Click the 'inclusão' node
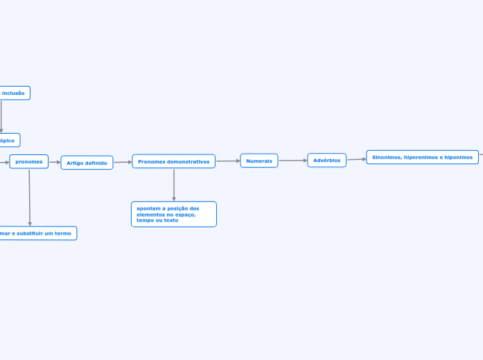point(14,93)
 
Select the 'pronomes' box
point(29,161)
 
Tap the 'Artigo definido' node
point(87,163)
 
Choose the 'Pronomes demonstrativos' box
point(173,161)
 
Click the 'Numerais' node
point(259,161)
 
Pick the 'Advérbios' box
point(326,161)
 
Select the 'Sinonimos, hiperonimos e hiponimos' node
point(422,157)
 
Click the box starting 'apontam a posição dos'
point(173,214)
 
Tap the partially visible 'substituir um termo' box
point(37,233)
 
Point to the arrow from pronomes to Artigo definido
point(55,163)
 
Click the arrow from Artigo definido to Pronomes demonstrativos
point(123,162)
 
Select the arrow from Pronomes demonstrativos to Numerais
point(228,161)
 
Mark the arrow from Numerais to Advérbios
point(292,161)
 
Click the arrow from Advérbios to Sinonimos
point(356,159)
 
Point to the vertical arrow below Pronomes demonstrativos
point(174,185)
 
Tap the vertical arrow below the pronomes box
point(30,197)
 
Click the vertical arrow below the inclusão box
point(1,116)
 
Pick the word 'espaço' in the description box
point(186,215)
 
